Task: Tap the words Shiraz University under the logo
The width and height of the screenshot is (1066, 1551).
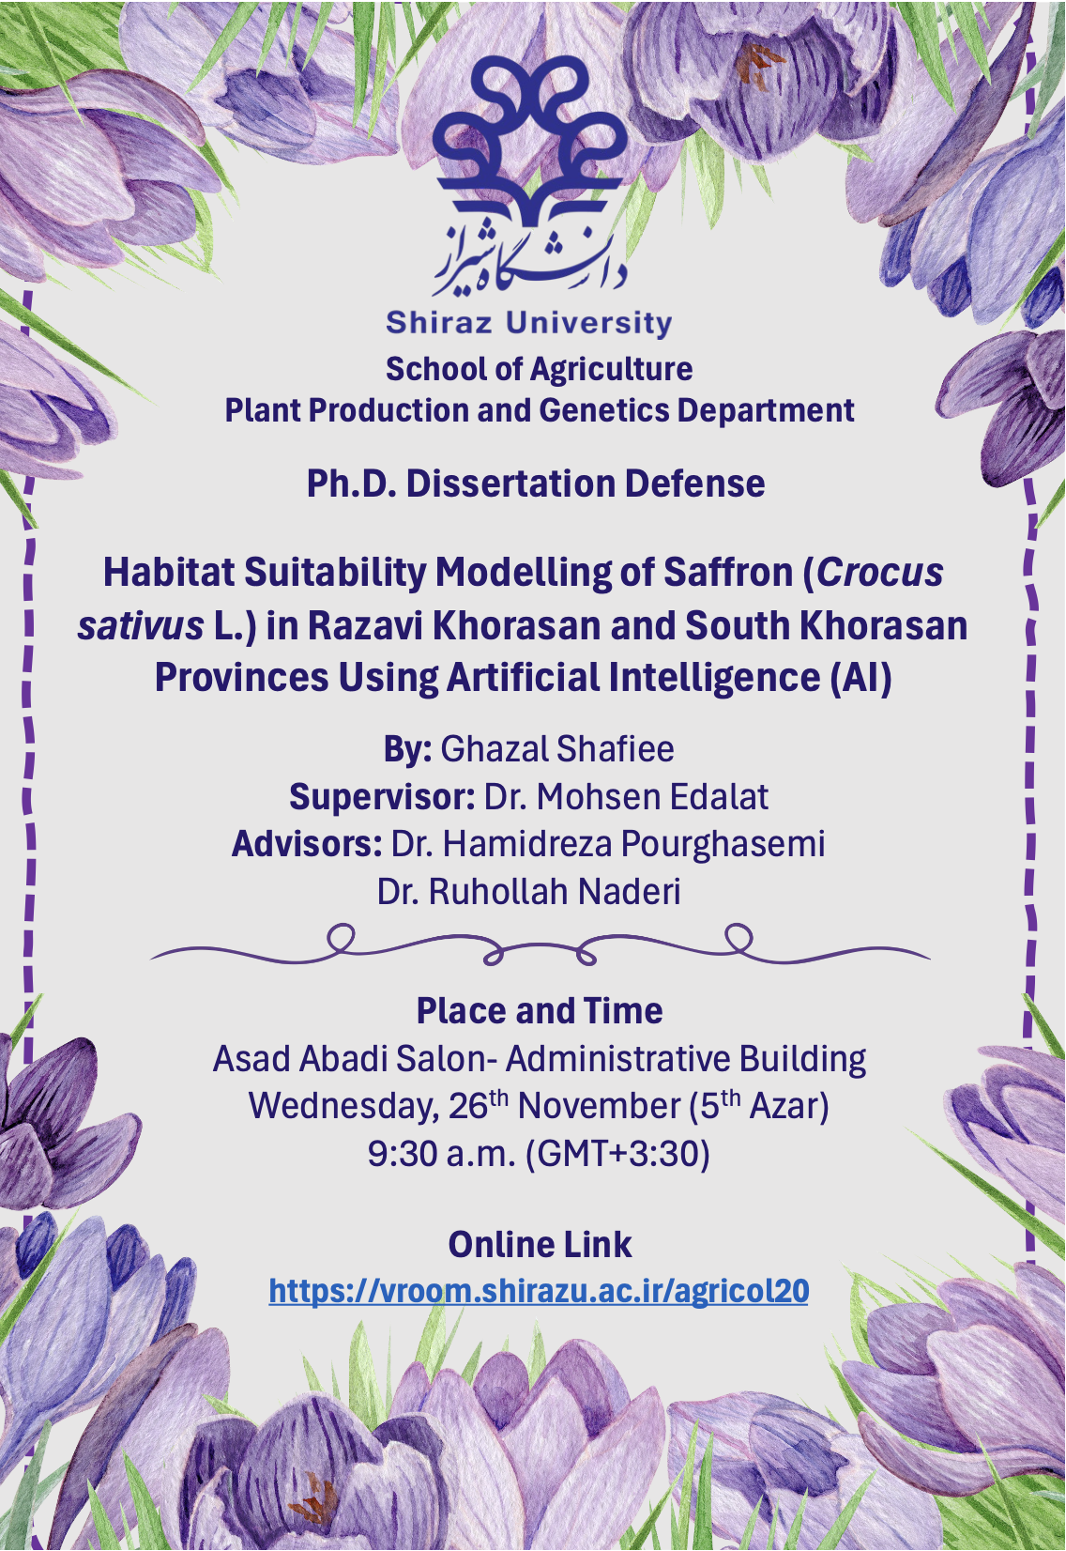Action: tap(529, 323)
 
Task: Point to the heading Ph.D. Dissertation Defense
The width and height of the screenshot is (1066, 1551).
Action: tap(536, 484)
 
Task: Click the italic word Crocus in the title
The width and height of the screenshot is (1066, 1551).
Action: tap(879, 572)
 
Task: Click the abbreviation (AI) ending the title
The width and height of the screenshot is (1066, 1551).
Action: tap(860, 677)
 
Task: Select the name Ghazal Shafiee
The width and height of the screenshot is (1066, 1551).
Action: tap(557, 749)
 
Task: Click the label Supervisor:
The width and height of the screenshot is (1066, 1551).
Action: tap(382, 797)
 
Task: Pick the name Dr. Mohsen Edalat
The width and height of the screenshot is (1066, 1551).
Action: tap(626, 797)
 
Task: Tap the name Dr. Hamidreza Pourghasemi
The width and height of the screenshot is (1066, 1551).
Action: tap(608, 844)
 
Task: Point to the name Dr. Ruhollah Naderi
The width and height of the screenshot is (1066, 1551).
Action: tap(528, 892)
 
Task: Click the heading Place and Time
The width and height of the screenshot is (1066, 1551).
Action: tap(540, 1011)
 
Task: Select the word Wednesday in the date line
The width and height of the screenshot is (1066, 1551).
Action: tap(343, 1106)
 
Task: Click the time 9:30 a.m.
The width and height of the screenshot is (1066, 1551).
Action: tap(441, 1153)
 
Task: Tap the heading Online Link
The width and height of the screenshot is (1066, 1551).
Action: tap(540, 1245)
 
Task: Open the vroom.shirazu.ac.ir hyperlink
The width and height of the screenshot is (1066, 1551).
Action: tap(539, 1291)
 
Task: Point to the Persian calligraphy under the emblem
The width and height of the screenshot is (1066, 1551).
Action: tap(529, 258)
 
